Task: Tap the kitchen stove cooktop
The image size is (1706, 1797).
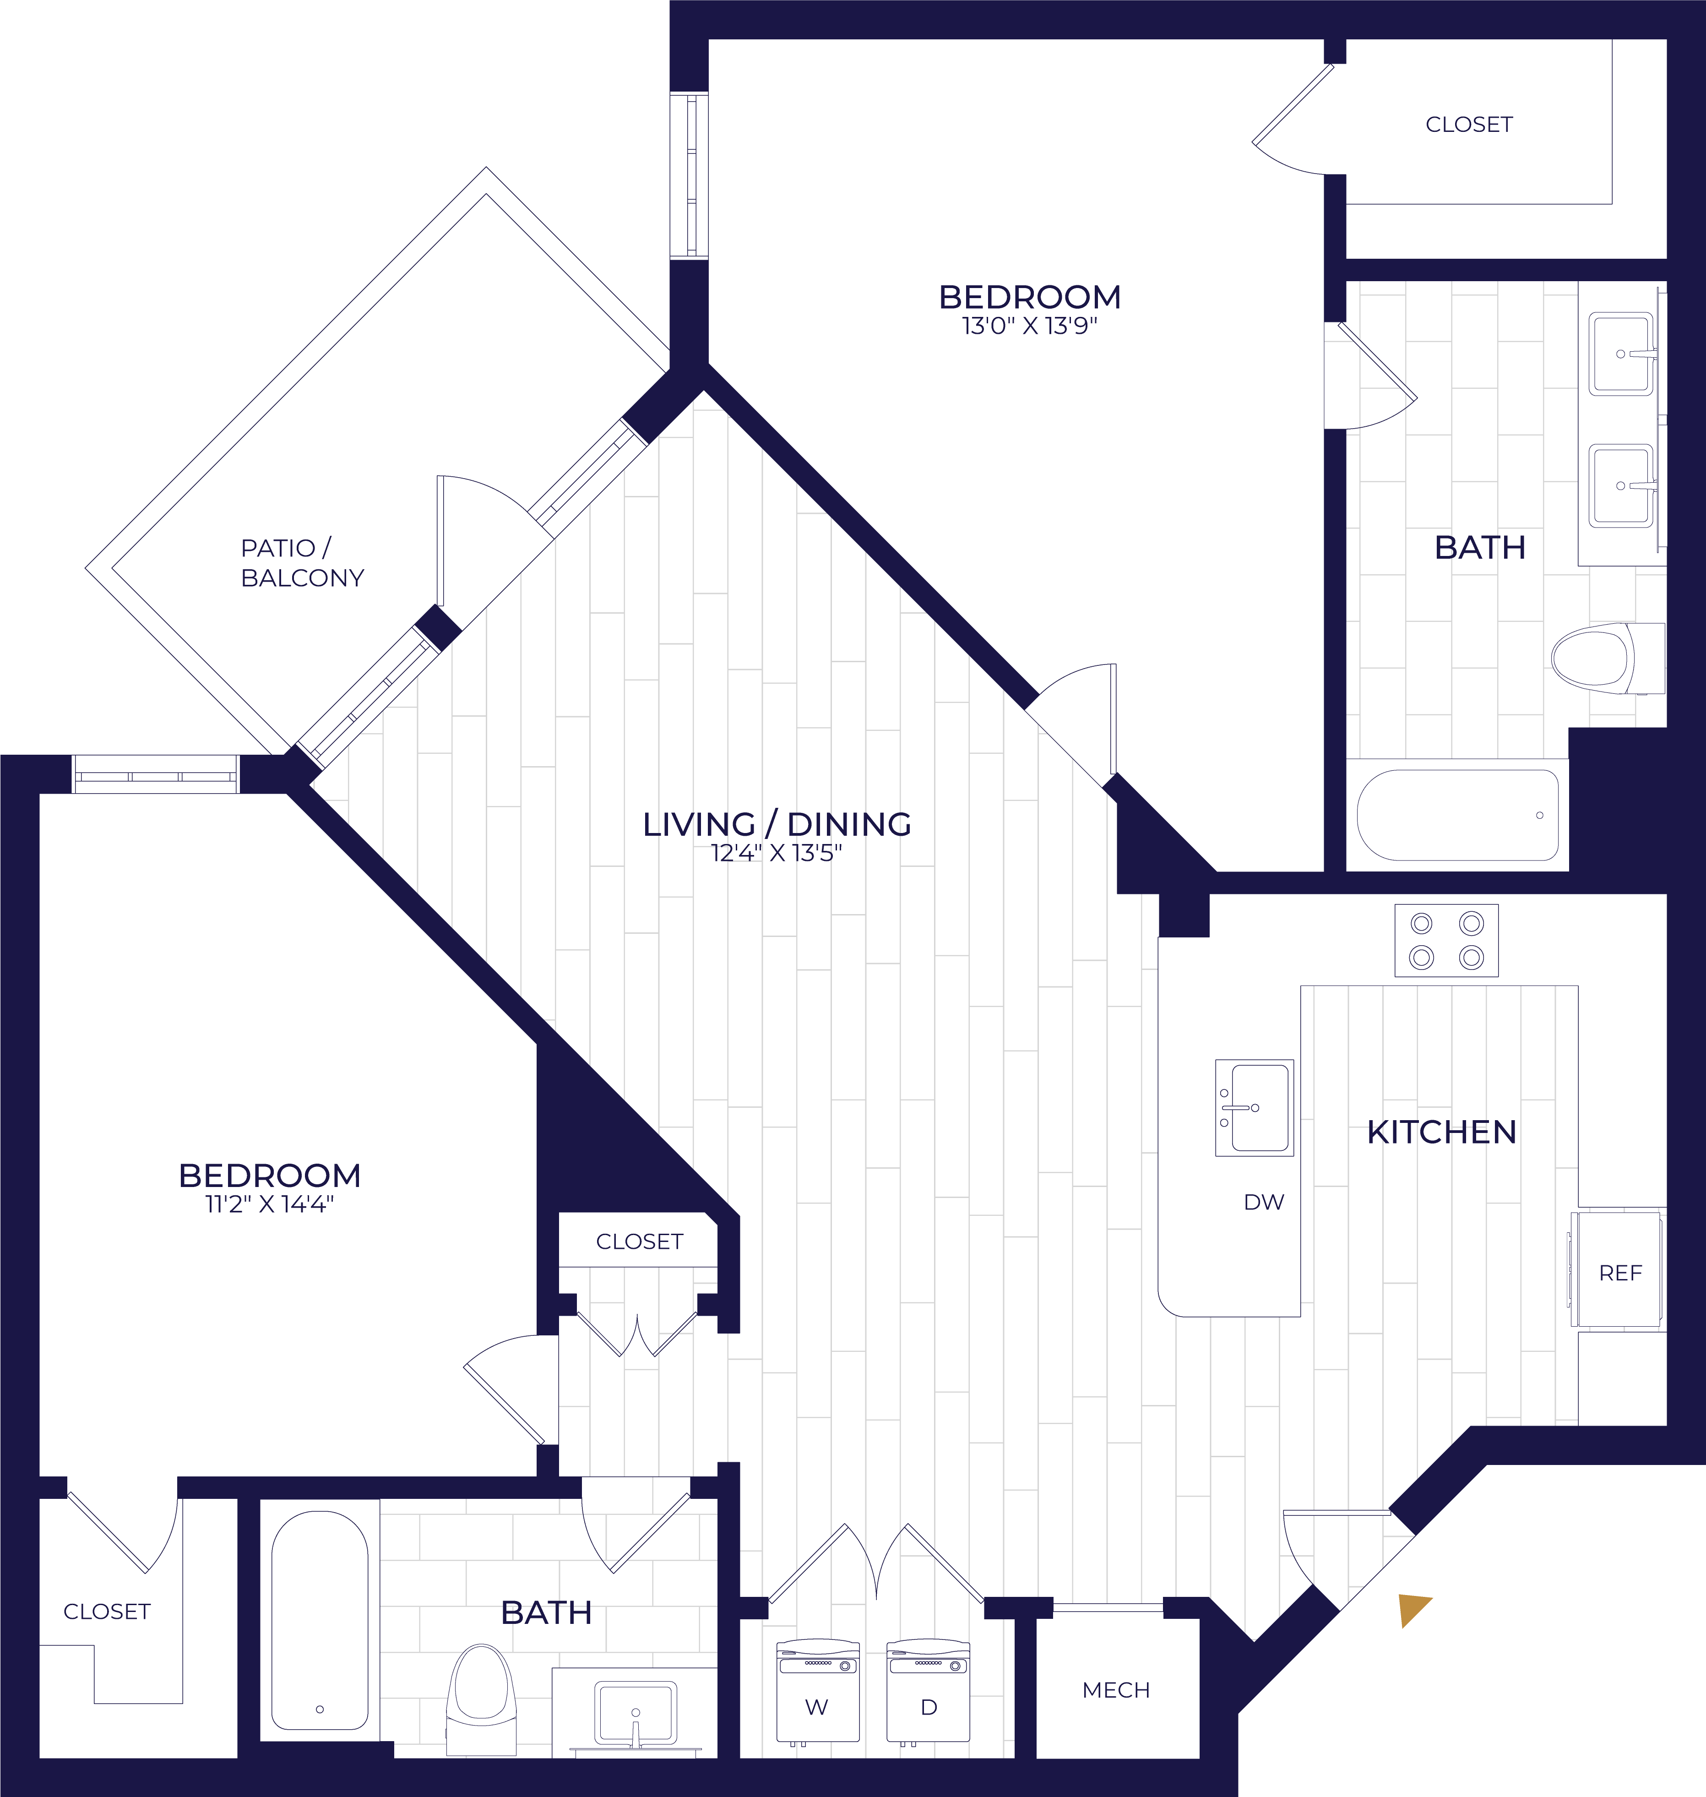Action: [1446, 940]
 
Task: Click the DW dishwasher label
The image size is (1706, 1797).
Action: [1264, 1202]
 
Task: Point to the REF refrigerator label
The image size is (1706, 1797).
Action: [1620, 1273]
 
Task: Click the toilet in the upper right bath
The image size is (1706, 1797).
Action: [1607, 659]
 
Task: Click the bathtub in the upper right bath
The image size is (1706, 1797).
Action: [1457, 815]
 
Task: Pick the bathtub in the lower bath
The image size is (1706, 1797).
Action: [319, 1621]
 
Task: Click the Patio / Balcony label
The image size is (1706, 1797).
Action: [302, 563]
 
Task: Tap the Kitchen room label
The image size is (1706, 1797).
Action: [1441, 1132]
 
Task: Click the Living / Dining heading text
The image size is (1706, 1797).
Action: [777, 824]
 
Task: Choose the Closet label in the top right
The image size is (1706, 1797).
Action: [1469, 125]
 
